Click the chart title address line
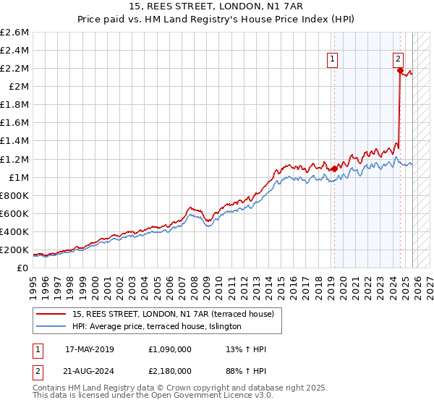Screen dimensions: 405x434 217,7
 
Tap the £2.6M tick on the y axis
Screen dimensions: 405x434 15,33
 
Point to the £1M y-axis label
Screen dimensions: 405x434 18,177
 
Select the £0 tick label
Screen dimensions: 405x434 22,268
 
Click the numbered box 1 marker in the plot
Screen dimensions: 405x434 332,60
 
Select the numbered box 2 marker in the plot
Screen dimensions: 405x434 399,60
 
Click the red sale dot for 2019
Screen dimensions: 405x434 334,169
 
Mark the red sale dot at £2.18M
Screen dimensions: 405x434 399,70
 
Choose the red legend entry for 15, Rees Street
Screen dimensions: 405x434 173,315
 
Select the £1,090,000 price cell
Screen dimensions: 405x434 171,349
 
